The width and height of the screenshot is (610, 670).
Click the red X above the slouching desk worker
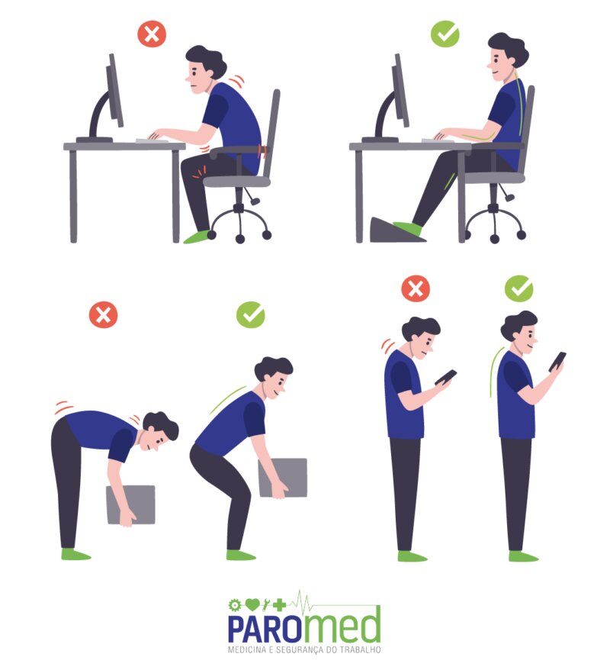[x=152, y=34]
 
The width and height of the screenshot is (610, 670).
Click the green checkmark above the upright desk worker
[x=445, y=34]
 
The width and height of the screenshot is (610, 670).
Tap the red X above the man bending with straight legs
[x=103, y=315]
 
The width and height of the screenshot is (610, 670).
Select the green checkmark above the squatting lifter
[x=251, y=315]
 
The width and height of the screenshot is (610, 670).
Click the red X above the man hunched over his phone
[x=416, y=288]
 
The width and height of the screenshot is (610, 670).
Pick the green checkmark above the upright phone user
[x=519, y=288]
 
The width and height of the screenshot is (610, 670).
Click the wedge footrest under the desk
[x=395, y=230]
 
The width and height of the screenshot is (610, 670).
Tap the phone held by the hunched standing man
[x=445, y=378]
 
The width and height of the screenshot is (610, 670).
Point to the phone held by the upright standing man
[x=557, y=362]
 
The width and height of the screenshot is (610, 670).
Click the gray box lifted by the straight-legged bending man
[x=130, y=504]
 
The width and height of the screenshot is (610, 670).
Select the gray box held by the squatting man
[x=283, y=478]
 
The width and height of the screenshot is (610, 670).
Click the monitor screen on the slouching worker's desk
[x=116, y=90]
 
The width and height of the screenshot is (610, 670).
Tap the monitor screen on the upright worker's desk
[x=401, y=90]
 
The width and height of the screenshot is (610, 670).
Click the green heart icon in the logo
[x=252, y=604]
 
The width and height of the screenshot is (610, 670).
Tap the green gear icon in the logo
[x=234, y=605]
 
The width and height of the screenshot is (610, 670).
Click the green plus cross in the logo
[x=280, y=604]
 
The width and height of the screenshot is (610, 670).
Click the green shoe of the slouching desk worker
[x=196, y=237]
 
